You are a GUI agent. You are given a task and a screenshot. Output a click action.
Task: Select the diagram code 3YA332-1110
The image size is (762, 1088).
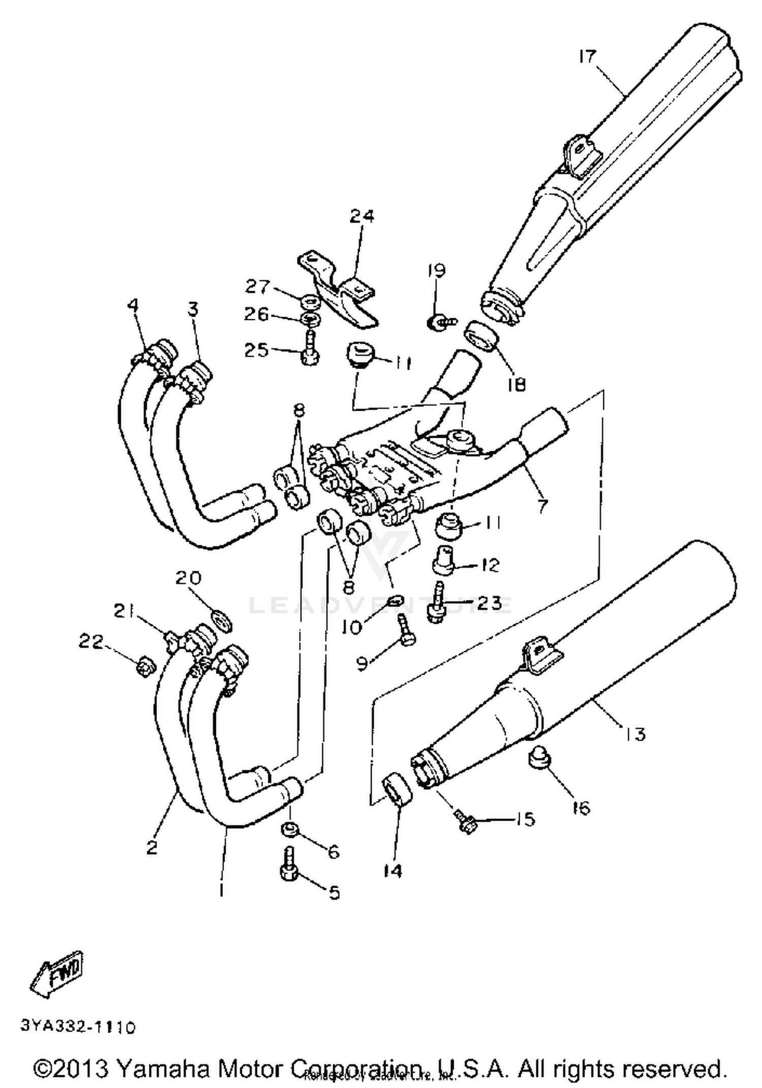(x=78, y=1027)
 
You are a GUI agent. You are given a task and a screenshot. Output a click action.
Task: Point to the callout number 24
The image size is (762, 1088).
(x=361, y=216)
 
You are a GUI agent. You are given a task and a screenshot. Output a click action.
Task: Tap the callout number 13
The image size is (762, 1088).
(x=634, y=734)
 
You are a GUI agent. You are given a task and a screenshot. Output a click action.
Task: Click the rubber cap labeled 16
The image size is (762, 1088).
(x=540, y=759)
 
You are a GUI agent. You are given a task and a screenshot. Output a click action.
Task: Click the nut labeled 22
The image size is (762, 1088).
(x=145, y=666)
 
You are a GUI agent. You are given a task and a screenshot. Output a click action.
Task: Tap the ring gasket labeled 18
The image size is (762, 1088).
(x=482, y=336)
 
